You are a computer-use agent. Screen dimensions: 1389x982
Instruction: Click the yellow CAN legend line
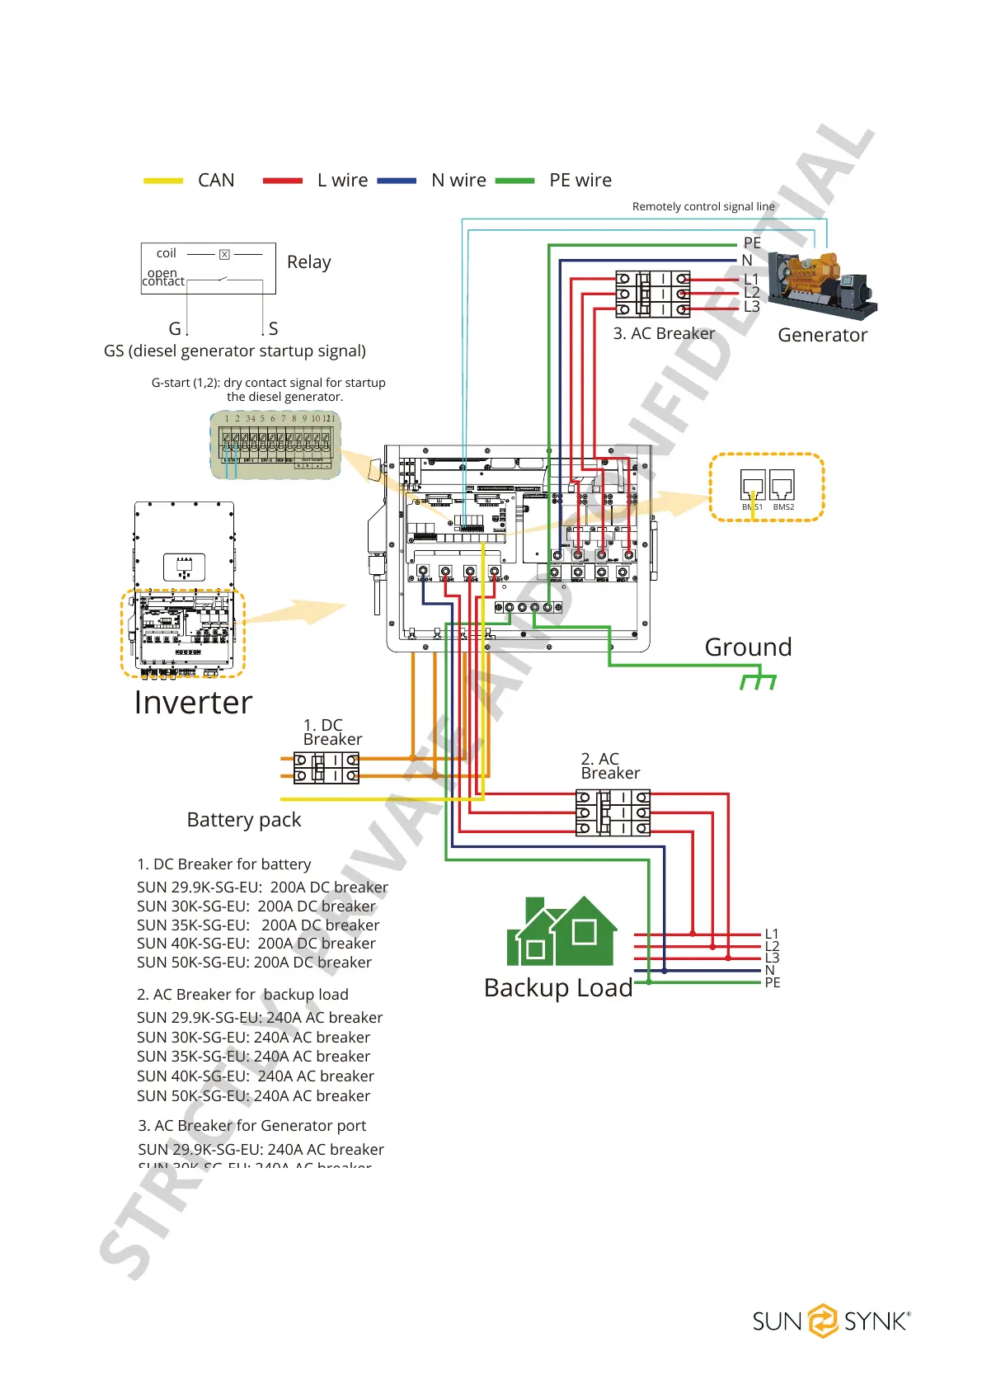tap(163, 181)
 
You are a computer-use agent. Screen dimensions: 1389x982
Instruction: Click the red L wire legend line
tap(283, 181)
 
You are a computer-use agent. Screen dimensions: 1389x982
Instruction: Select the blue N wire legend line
tap(397, 181)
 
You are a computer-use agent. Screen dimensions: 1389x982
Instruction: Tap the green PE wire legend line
tap(515, 181)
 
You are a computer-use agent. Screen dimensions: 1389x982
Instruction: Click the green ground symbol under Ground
tap(758, 681)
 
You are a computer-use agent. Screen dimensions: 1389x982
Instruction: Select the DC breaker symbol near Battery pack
tap(327, 767)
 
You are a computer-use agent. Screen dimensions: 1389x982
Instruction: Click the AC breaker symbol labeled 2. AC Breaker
tap(613, 812)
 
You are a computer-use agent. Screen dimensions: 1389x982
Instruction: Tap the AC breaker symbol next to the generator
tap(653, 294)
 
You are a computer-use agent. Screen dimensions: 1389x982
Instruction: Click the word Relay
tap(309, 262)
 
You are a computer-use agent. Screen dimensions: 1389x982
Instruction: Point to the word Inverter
tap(193, 703)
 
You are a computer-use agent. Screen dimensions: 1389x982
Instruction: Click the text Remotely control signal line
tap(703, 206)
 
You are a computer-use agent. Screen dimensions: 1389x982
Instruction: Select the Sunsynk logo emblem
tap(822, 1321)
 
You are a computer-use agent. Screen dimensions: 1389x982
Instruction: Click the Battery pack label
tap(244, 820)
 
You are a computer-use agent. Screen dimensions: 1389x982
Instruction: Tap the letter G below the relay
tap(175, 328)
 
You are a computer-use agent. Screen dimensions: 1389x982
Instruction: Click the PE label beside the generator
tap(752, 242)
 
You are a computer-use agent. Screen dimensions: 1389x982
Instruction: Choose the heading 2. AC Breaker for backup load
tap(242, 995)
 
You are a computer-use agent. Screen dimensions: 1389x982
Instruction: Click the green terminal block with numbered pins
tap(275, 445)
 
